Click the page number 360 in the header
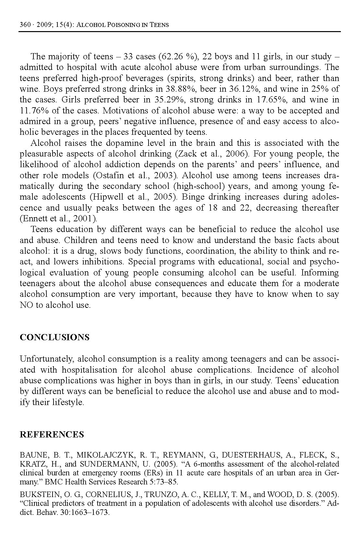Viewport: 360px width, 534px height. [x=25, y=25]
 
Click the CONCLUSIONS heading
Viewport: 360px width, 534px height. [x=54, y=337]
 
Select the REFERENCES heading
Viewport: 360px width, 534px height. [x=52, y=435]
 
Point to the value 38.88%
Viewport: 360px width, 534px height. [x=183, y=89]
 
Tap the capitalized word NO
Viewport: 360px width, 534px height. [x=26, y=305]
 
